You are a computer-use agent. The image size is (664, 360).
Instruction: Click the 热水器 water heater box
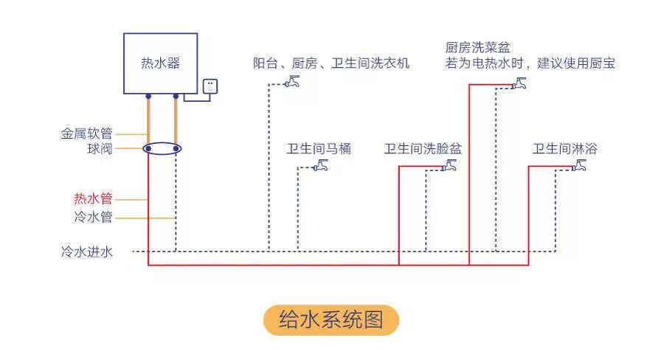tap(160, 63)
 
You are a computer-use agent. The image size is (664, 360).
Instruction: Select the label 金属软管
tap(86, 134)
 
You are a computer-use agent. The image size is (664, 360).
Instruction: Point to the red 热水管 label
tap(93, 198)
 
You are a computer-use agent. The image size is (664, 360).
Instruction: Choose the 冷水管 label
tap(93, 218)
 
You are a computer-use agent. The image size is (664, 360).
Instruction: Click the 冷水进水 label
tap(86, 252)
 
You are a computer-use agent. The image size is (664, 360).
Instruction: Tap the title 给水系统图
tap(331, 320)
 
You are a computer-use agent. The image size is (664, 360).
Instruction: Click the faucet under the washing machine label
tap(292, 82)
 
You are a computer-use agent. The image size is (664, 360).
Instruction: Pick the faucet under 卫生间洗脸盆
tap(449, 166)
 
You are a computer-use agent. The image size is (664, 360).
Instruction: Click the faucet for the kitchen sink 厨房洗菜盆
tap(520, 83)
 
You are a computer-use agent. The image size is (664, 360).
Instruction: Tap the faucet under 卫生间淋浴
tap(580, 166)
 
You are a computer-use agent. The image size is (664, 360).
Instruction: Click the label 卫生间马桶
tap(319, 149)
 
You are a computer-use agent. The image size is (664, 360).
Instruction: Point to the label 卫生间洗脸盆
tap(422, 149)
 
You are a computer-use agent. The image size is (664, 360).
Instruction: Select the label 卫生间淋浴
tap(564, 149)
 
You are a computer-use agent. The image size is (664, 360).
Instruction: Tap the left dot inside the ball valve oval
tap(148, 148)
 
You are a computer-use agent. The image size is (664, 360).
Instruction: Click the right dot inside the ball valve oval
tap(176, 148)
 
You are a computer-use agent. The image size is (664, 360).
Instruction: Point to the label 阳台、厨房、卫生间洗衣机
tap(331, 63)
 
